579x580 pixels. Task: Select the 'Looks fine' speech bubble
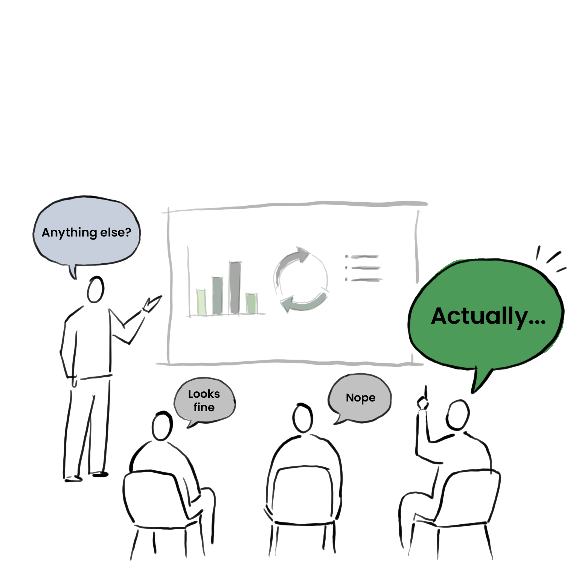tap(204, 400)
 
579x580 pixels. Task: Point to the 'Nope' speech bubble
tap(360, 398)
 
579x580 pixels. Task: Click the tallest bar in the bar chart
tap(235, 287)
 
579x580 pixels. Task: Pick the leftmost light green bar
tap(201, 302)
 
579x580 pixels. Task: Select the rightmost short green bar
tap(251, 303)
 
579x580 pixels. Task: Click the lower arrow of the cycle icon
tap(303, 303)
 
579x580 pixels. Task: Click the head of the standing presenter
tap(96, 289)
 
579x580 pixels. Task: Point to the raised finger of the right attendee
tap(426, 392)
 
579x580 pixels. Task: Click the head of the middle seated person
tap(303, 418)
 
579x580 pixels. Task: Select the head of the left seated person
tap(162, 426)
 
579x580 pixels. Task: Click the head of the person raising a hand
tap(457, 415)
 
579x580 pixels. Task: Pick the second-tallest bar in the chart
tap(217, 296)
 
